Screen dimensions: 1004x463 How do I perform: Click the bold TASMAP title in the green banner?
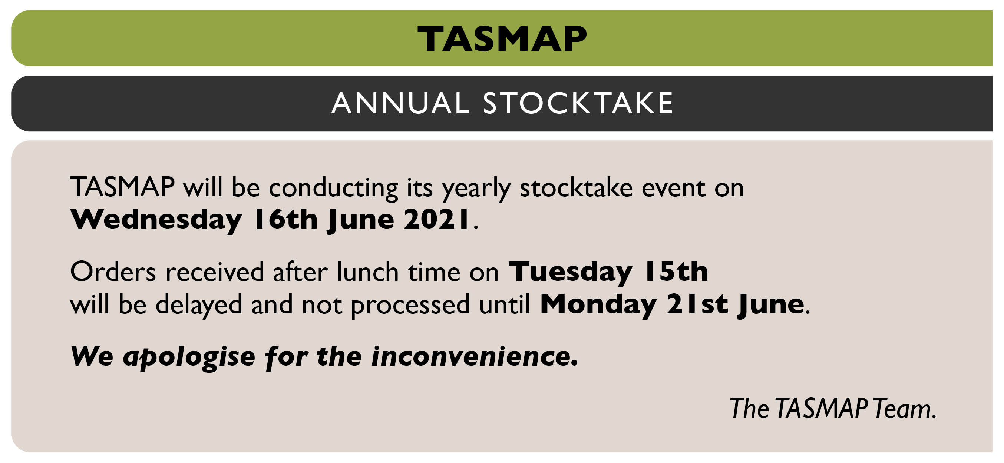502,39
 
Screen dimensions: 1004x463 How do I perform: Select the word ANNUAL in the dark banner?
400,103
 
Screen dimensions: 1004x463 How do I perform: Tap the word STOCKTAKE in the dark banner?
578,103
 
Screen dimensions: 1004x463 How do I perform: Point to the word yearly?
476,189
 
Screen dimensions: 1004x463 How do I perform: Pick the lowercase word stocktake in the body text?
577,187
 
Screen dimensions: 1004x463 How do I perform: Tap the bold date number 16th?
286,219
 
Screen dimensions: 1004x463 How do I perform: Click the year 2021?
436,219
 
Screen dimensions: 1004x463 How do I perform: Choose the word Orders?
113,272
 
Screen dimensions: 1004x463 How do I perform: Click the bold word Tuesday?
570,272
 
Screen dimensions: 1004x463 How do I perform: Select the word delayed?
199,305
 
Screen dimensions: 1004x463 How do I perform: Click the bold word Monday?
598,304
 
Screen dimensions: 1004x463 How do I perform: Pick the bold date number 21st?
697,303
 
